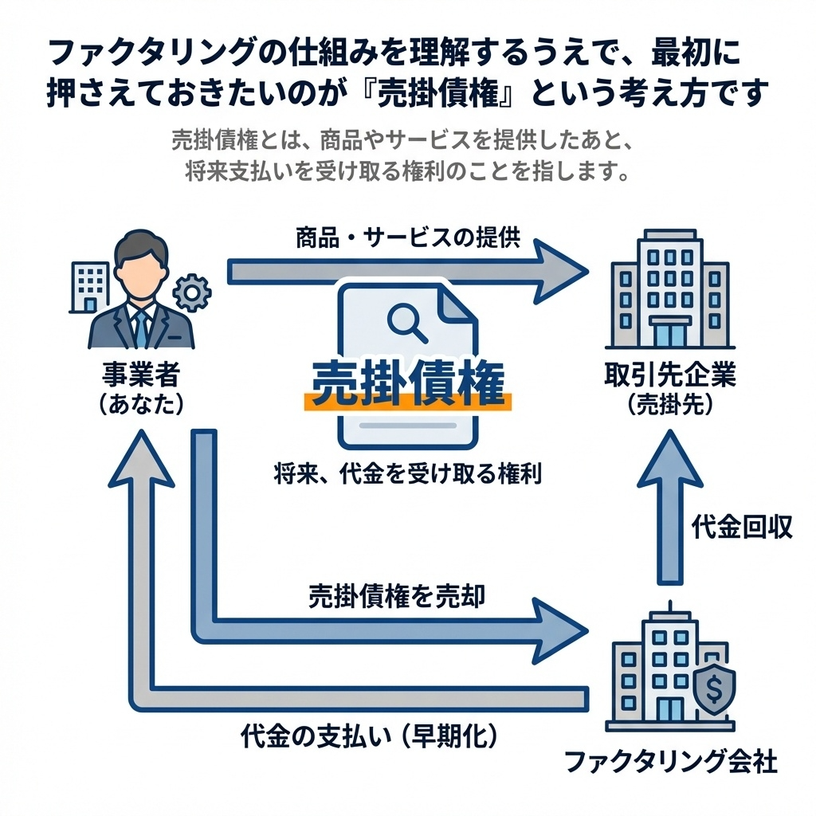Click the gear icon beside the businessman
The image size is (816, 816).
click(x=192, y=292)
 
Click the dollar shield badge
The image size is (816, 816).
click(x=715, y=686)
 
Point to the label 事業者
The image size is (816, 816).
click(x=141, y=374)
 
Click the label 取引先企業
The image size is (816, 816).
click(x=670, y=374)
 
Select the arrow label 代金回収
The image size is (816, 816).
click(x=741, y=528)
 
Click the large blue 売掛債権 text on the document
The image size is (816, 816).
click(x=407, y=384)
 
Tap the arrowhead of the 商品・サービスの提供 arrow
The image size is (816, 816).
click(x=558, y=271)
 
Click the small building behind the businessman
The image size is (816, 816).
click(x=91, y=285)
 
